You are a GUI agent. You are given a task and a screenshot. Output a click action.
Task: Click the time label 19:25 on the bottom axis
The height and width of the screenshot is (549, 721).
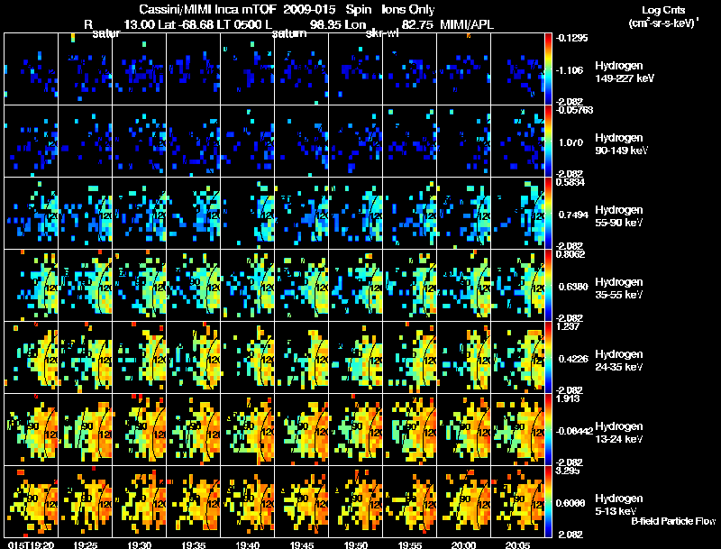tap(85, 544)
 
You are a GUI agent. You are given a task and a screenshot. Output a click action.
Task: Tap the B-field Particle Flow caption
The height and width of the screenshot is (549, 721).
tap(674, 521)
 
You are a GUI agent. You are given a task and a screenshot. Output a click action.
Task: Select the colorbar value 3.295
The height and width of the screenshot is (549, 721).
tap(571, 471)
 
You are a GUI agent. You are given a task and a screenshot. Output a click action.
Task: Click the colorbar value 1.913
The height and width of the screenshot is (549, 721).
tap(571, 398)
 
